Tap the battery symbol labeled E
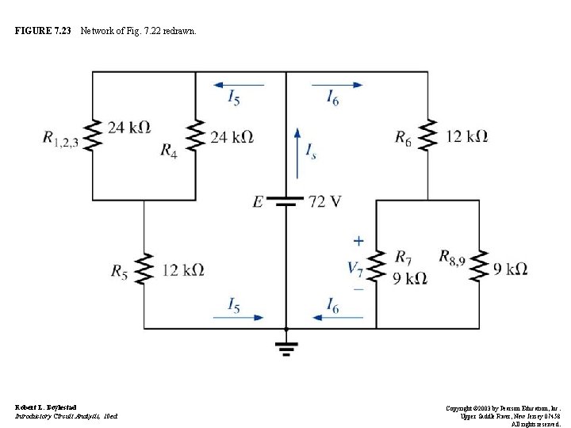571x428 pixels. click(x=286, y=201)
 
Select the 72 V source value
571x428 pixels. click(x=324, y=201)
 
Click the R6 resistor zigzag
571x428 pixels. click(x=427, y=136)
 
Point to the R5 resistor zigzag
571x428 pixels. click(x=144, y=270)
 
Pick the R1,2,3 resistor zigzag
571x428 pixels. click(x=93, y=136)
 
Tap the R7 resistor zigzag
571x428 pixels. click(x=377, y=269)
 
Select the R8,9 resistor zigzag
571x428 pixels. click(x=478, y=269)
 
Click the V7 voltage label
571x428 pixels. click(x=356, y=268)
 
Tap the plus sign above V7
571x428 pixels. click(x=358, y=239)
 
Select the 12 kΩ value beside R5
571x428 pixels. click(x=182, y=270)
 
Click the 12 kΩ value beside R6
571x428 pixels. click(x=466, y=136)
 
